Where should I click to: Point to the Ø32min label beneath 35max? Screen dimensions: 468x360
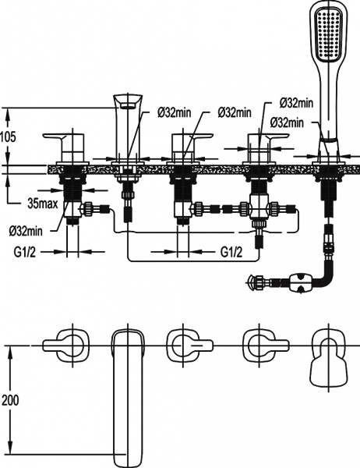click(x=26, y=231)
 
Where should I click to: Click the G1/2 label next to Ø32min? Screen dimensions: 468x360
click(x=27, y=252)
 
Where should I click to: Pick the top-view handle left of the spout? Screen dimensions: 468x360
click(x=67, y=343)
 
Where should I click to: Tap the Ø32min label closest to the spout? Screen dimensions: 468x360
click(x=175, y=113)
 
